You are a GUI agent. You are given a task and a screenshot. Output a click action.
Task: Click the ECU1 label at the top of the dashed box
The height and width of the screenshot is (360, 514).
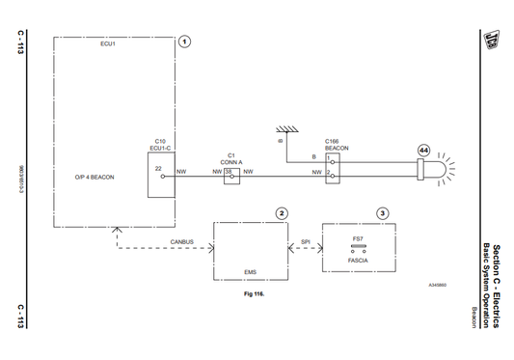(x=107, y=44)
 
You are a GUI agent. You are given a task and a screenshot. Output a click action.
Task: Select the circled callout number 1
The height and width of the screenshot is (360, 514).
(x=185, y=42)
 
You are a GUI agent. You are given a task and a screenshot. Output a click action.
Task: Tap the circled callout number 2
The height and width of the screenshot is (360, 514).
(x=281, y=212)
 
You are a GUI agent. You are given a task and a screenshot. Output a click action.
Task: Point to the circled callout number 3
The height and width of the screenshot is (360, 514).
(x=383, y=212)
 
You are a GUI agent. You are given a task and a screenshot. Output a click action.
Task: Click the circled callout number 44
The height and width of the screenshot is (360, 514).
(x=423, y=151)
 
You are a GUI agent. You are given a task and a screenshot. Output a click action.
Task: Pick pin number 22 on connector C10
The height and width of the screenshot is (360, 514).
(x=158, y=169)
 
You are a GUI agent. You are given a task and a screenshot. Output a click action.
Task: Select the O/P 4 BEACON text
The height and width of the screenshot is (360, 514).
(x=95, y=178)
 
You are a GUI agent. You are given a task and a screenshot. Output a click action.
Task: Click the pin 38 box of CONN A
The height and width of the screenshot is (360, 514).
(x=230, y=172)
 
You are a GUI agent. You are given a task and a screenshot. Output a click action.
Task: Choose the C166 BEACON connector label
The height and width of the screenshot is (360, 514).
(x=338, y=144)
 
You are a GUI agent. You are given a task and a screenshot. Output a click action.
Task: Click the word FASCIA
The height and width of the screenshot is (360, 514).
(x=359, y=261)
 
